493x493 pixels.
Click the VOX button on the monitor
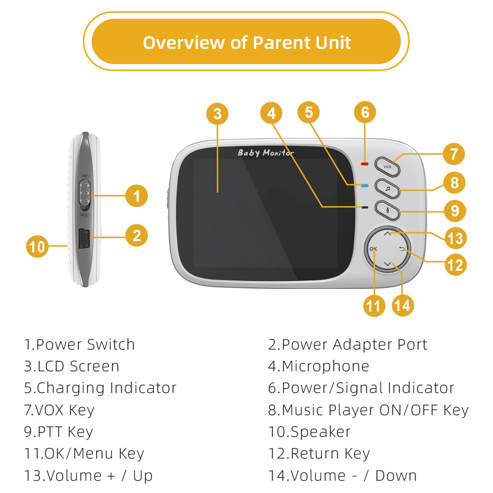[x=387, y=167]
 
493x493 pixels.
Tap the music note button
[x=387, y=188]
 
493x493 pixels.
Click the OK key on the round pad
[x=373, y=249]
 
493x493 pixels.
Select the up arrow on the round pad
[x=387, y=234]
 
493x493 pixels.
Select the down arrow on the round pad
[x=387, y=265]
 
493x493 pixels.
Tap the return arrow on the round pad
[x=402, y=249]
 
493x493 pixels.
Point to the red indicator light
[x=365, y=164]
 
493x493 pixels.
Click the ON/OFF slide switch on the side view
[x=85, y=193]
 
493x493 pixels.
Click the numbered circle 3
[x=217, y=114]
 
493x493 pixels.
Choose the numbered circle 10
[x=37, y=246]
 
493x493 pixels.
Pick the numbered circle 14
[x=403, y=306]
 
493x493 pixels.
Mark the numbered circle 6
[x=365, y=112]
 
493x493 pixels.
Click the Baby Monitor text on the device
[x=266, y=153]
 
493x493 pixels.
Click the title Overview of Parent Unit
[x=246, y=42]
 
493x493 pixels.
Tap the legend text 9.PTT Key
[x=59, y=432]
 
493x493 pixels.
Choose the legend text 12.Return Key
[x=319, y=454]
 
